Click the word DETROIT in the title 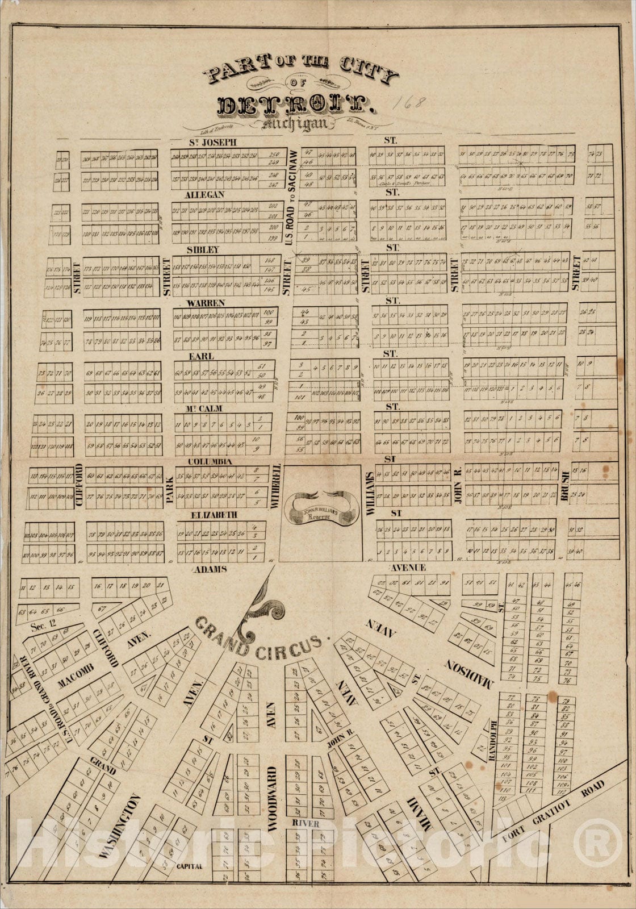295,105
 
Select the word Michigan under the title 295,124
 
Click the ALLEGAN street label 206,195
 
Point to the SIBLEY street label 203,249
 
